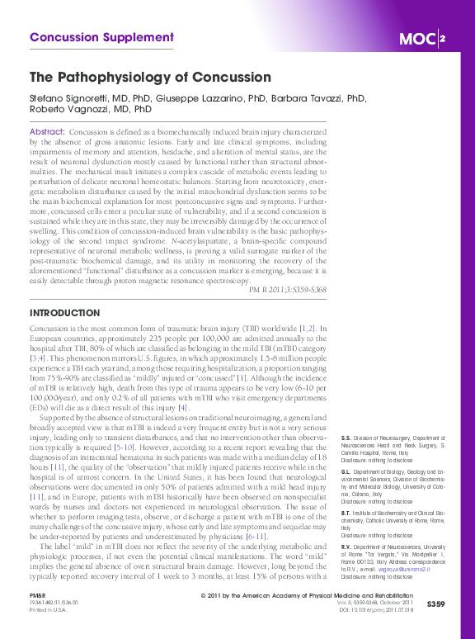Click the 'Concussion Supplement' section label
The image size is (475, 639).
point(101,37)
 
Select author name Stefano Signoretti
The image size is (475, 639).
point(68,97)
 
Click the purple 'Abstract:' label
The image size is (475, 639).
point(47,132)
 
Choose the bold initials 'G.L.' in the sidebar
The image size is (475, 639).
point(346,468)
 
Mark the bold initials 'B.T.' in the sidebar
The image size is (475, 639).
point(346,513)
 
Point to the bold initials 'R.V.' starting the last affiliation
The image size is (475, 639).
point(346,547)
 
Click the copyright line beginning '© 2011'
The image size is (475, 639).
point(306,595)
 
